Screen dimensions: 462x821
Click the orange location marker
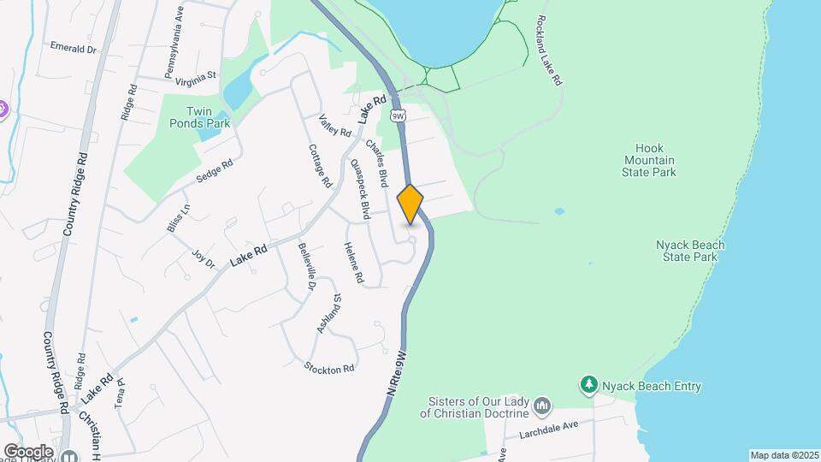tap(410, 204)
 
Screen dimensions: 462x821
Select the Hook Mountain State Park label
tap(650, 160)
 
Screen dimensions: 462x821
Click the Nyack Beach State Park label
tap(690, 251)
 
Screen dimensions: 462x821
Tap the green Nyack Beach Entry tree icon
tap(588, 386)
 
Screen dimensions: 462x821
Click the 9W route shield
tap(397, 114)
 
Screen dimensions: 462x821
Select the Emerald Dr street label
tap(73, 48)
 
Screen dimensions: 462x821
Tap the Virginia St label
tap(195, 80)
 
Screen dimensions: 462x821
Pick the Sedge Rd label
tap(215, 172)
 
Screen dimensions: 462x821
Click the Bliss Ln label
tap(179, 218)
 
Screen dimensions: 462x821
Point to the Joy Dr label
tap(203, 258)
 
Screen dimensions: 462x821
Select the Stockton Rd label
tap(329, 368)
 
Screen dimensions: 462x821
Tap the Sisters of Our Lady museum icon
tap(541, 404)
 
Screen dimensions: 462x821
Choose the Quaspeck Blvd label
tap(360, 189)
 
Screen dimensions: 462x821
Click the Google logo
tap(28, 452)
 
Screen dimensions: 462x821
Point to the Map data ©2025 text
tap(783, 455)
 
